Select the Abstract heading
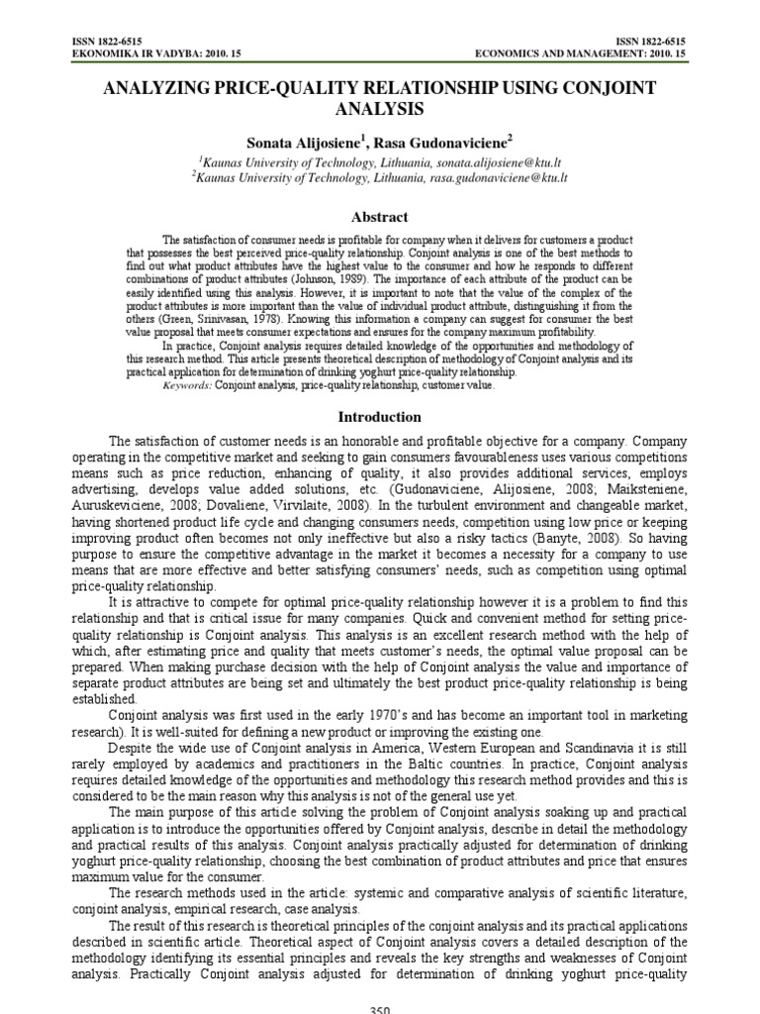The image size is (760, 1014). point(380,217)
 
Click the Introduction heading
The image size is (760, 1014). point(380,417)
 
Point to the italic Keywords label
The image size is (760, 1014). point(187,385)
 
